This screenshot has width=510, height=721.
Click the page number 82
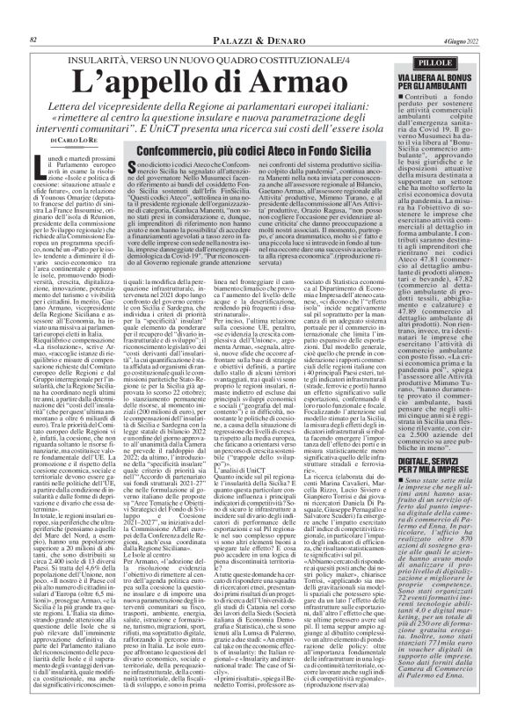33,15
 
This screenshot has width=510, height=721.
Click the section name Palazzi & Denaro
208,15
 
